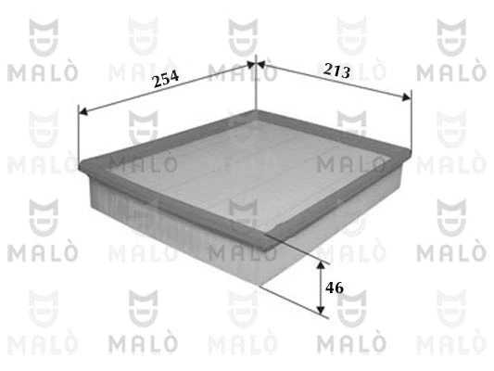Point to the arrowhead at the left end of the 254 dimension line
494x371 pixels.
tap(82, 111)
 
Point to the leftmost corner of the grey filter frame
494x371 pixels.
tap(83, 167)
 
